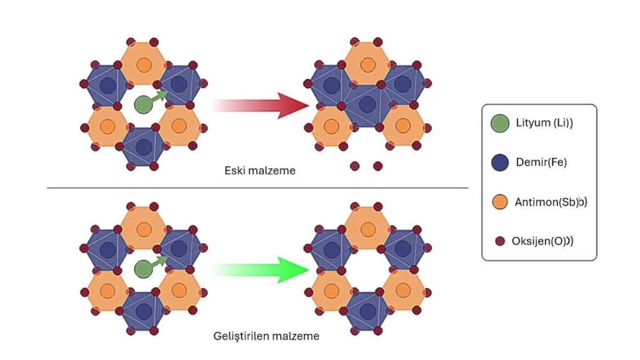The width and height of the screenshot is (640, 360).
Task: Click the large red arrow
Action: [262, 105]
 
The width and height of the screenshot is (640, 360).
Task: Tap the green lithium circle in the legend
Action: [499, 123]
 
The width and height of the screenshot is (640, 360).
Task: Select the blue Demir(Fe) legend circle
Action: [499, 162]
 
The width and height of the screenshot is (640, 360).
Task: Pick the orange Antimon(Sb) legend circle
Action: [499, 201]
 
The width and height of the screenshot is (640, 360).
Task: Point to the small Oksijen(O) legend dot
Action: [499, 241]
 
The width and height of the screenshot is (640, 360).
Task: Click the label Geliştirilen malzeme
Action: [266, 336]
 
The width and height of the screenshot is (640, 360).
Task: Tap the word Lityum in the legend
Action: [531, 123]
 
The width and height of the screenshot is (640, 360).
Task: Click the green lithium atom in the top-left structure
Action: [143, 104]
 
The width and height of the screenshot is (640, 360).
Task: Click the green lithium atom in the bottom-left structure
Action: [143, 269]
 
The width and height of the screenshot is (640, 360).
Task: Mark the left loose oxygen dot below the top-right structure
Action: [355, 166]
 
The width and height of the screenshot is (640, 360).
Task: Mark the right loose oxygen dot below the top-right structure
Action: [377, 166]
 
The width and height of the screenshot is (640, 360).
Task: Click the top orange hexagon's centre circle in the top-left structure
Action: [144, 64]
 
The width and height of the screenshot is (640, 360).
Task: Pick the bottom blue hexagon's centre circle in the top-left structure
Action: [144, 147]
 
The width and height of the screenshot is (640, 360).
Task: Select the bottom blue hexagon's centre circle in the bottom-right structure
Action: [367, 311]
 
